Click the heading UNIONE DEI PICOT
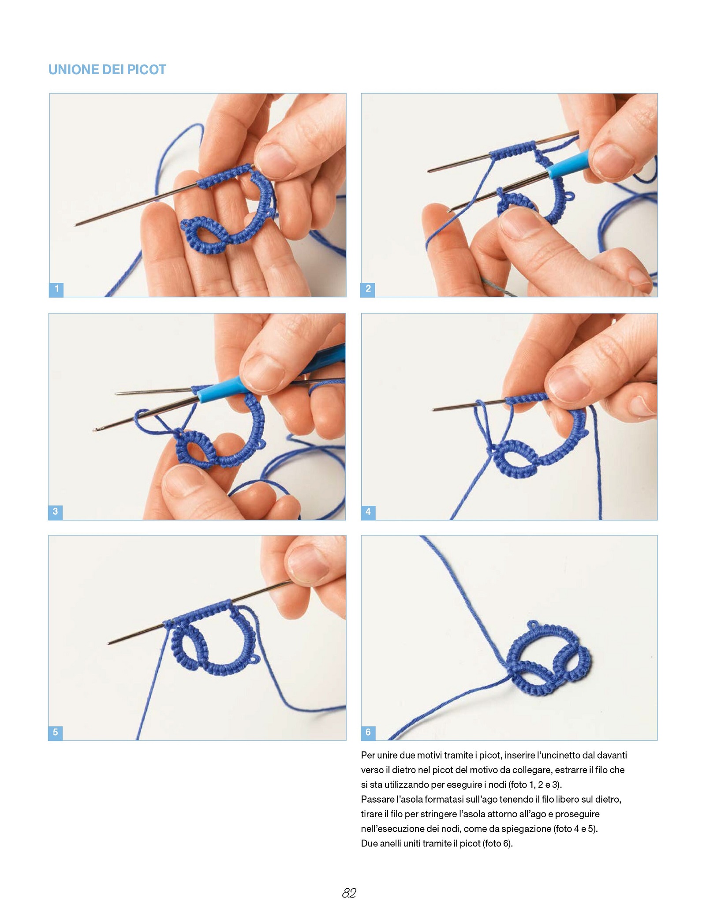click(107, 70)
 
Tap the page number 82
click(349, 893)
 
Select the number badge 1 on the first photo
click(56, 289)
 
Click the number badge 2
click(368, 289)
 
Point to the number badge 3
click(56, 512)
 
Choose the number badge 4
click(368, 512)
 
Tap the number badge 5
click(56, 733)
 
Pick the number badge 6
click(368, 733)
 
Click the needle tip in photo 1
click(75, 225)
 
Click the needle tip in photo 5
click(108, 644)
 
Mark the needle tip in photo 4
click(433, 410)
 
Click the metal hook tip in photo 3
click(95, 429)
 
